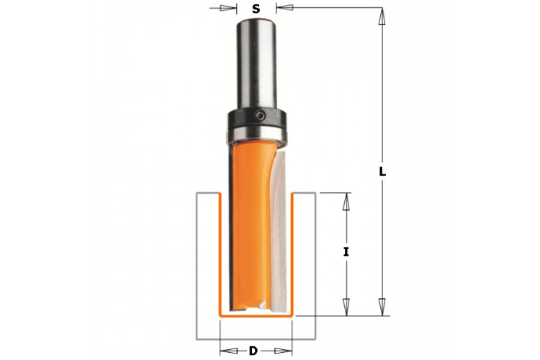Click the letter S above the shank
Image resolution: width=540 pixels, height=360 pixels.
(x=256, y=9)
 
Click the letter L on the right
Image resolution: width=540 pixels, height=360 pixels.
(x=382, y=171)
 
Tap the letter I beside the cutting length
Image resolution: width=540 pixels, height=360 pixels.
(x=346, y=252)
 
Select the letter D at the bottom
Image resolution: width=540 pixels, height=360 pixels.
(x=253, y=351)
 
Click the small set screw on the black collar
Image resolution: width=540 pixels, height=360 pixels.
(x=260, y=115)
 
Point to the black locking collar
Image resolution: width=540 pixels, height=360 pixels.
(x=256, y=117)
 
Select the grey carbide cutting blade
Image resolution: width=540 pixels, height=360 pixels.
(x=279, y=231)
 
